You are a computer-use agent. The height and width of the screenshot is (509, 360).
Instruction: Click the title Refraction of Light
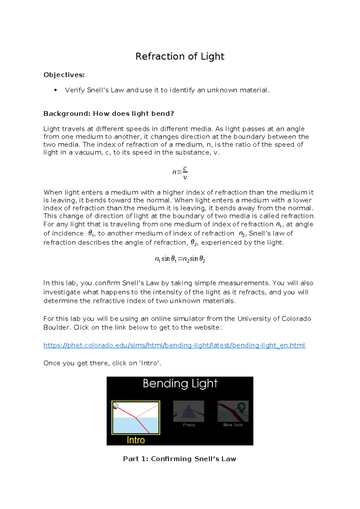click(x=180, y=56)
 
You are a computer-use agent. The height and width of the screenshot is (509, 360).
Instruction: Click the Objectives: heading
click(x=64, y=75)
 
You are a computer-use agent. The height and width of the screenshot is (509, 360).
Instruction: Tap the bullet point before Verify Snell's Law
click(x=55, y=90)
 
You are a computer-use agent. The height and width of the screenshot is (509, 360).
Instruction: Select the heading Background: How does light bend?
click(x=109, y=113)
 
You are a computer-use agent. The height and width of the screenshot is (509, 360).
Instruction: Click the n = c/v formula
click(x=180, y=173)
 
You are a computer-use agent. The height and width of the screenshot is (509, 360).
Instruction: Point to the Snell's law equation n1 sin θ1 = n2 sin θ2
click(x=180, y=259)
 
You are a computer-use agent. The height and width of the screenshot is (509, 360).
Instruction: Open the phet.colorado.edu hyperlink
click(x=174, y=345)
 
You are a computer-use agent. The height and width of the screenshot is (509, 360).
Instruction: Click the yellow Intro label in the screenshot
click(x=136, y=440)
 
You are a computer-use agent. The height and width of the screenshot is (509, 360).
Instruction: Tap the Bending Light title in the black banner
click(x=180, y=384)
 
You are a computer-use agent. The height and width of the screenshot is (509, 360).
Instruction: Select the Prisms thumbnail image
click(x=189, y=411)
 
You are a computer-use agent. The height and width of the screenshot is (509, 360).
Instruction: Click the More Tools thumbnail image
click(x=233, y=411)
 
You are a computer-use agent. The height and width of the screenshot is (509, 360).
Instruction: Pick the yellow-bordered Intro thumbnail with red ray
click(x=136, y=417)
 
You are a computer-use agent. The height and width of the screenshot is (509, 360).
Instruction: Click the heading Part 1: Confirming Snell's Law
click(x=179, y=459)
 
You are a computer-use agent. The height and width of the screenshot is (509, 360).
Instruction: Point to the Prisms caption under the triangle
click(x=189, y=425)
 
